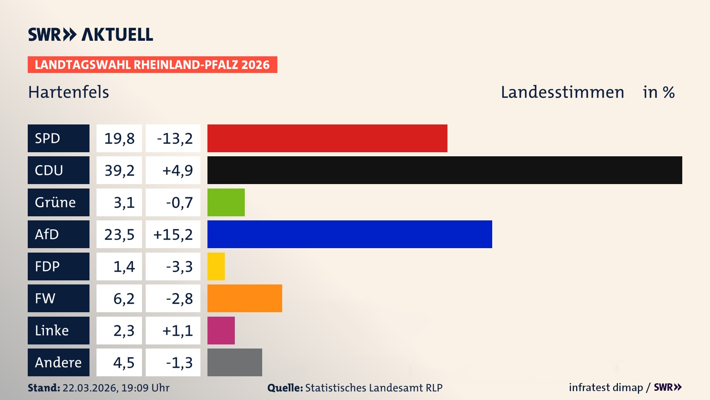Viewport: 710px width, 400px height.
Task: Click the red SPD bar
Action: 327,138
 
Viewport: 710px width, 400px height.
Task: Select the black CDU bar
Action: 444,170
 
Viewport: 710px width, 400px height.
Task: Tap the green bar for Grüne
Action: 226,202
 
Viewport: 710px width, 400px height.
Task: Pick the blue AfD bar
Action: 349,234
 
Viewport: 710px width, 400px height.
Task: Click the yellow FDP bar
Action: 216,266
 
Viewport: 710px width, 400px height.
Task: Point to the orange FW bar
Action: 244,298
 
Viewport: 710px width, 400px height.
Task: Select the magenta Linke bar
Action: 221,330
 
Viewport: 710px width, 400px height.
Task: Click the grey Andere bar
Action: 234,362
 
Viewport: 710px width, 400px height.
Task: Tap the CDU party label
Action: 58,170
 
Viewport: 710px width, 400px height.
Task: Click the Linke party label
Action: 58,330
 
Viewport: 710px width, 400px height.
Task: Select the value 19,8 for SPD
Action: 119,139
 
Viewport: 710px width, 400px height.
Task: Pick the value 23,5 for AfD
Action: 119,234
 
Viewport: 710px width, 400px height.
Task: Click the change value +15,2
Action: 173,234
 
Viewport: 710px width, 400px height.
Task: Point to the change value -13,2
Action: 175,139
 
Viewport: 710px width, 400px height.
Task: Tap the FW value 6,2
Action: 124,299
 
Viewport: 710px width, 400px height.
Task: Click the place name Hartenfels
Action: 68,92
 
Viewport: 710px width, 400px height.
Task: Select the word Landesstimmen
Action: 562,92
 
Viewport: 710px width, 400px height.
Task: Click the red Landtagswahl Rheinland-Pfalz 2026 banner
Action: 152,64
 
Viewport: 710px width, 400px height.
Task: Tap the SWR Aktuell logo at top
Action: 91,34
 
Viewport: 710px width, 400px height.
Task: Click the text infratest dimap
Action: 606,387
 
